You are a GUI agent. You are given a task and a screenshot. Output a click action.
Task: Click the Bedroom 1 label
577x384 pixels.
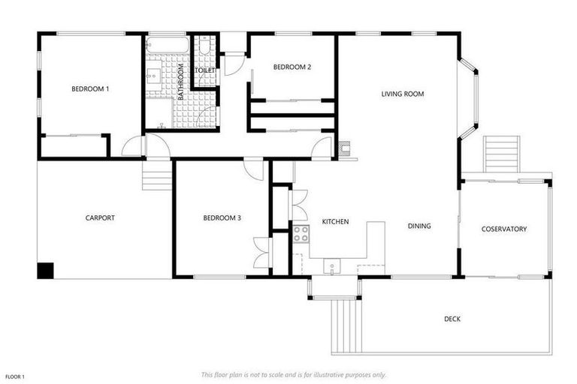[90, 89]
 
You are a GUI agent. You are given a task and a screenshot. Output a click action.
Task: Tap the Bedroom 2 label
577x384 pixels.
[292, 67]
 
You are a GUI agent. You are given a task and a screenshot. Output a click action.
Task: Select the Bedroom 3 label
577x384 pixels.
[222, 218]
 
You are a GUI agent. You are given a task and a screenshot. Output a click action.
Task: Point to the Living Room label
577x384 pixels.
[403, 94]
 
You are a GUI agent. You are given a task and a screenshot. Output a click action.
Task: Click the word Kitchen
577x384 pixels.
[335, 222]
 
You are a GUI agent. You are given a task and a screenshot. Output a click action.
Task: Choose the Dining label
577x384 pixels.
[419, 226]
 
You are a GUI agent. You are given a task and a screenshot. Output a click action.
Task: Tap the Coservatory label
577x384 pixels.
[504, 229]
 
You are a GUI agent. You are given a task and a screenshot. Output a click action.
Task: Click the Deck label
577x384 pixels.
[452, 319]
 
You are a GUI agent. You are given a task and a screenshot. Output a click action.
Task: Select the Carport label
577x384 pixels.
[100, 218]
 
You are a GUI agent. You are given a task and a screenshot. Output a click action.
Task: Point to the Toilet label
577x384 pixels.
[206, 70]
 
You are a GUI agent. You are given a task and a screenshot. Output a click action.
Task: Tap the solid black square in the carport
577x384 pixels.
[46, 270]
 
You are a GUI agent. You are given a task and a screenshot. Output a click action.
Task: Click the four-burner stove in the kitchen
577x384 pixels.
[301, 234]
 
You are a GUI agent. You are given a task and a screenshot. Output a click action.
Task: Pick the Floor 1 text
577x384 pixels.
[15, 376]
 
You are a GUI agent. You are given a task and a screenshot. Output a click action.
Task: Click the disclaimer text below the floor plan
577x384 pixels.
[294, 374]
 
